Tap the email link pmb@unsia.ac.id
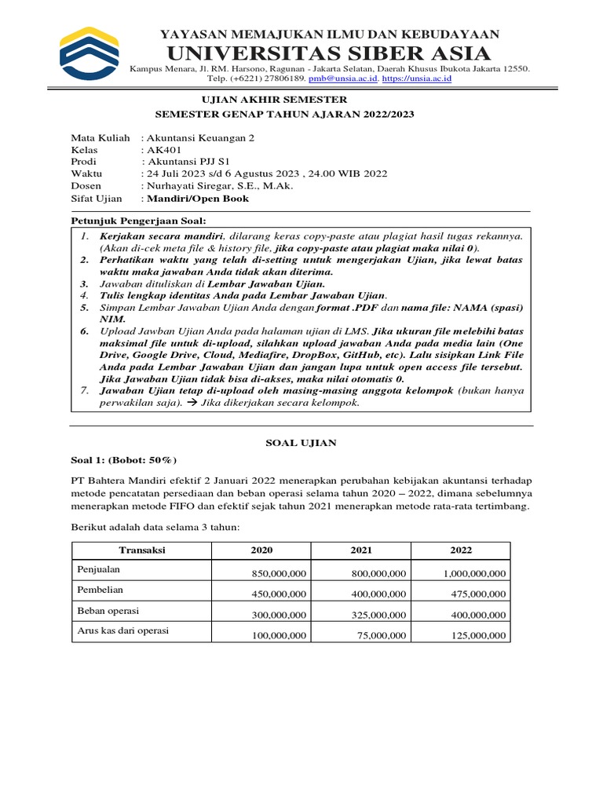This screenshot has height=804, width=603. point(344,79)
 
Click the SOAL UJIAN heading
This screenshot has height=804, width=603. point(301,443)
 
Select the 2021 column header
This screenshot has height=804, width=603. point(361,550)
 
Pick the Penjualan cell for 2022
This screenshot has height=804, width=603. point(474,574)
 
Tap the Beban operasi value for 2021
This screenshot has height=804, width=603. point(378,615)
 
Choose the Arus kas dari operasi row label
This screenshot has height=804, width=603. point(122,630)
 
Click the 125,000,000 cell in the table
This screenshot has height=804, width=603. point(479,635)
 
